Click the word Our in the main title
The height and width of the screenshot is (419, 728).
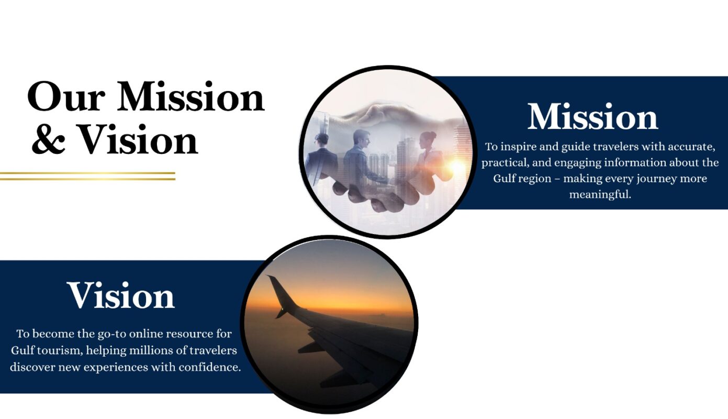(66, 97)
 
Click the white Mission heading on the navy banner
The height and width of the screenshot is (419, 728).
(592, 116)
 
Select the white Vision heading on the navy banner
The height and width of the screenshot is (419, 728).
(120, 295)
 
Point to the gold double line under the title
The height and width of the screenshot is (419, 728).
(87, 176)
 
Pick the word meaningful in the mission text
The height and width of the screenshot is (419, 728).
(600, 194)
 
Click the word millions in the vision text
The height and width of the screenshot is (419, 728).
(149, 350)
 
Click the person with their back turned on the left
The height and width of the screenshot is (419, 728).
(322, 156)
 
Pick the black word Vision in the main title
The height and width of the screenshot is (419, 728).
(138, 139)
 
